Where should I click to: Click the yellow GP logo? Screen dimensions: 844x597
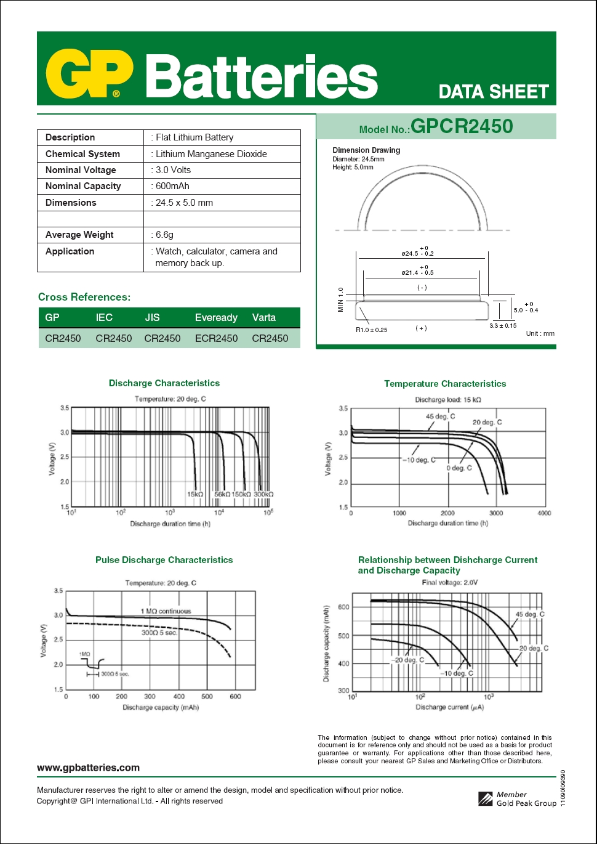pyautogui.click(x=89, y=74)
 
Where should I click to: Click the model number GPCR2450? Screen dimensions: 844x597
pyautogui.click(x=462, y=126)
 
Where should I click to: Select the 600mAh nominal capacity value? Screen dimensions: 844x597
pyautogui.click(x=172, y=186)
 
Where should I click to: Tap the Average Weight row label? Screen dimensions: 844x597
pyautogui.click(x=79, y=235)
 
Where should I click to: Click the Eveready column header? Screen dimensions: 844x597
pyautogui.click(x=216, y=318)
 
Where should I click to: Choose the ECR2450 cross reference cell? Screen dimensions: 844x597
pyautogui.click(x=216, y=338)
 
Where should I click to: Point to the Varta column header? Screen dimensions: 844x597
pyautogui.click(x=264, y=318)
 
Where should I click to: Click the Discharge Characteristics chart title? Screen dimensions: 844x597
pyautogui.click(x=164, y=383)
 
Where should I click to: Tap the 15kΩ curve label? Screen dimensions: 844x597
pyautogui.click(x=195, y=494)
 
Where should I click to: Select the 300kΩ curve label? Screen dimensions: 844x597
pyautogui.click(x=263, y=494)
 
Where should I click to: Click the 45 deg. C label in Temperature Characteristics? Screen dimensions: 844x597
pyautogui.click(x=441, y=416)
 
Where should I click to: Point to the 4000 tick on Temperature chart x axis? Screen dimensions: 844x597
pyautogui.click(x=544, y=513)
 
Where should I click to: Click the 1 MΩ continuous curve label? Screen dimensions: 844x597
pyautogui.click(x=166, y=611)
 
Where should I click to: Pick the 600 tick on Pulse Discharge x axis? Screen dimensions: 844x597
pyautogui.click(x=235, y=697)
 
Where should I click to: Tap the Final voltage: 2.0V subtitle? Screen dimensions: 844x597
pyautogui.click(x=450, y=582)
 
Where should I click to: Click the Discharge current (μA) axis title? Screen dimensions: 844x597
pyautogui.click(x=450, y=707)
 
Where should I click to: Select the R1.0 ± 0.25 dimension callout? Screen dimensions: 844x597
pyautogui.click(x=372, y=330)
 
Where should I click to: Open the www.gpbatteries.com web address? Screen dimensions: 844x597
pyautogui.click(x=88, y=768)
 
